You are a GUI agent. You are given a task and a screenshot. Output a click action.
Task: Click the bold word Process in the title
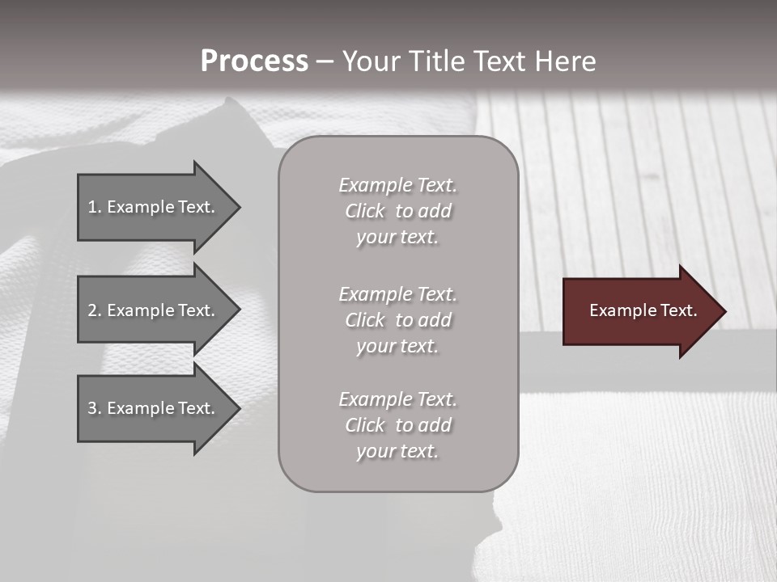(x=254, y=61)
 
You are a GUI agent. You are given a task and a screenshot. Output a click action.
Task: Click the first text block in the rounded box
(x=398, y=211)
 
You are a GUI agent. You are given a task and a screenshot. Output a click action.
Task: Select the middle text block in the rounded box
(x=398, y=320)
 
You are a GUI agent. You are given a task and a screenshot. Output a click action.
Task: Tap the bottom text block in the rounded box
(x=398, y=425)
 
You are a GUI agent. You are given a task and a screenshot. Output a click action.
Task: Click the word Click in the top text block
(x=365, y=211)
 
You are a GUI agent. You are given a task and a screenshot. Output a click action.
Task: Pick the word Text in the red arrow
(x=678, y=310)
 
